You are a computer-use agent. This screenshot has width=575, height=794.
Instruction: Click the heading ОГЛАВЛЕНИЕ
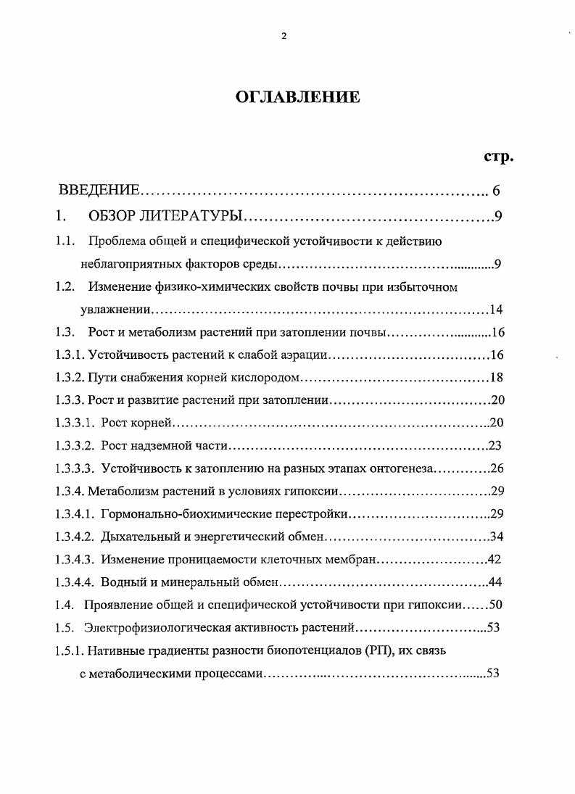297,97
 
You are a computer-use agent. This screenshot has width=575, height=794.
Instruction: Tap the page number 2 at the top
284,37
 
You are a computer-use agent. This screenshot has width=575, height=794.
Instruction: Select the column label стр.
498,156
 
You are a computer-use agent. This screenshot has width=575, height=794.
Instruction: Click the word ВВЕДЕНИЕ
99,191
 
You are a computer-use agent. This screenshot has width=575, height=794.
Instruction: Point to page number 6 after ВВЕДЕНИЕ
496,191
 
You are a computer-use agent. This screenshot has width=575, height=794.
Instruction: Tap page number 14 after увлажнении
496,310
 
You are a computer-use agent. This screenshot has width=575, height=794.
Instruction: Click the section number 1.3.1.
70,355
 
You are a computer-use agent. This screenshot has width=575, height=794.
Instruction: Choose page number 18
496,377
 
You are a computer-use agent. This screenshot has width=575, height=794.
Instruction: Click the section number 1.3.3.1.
75,422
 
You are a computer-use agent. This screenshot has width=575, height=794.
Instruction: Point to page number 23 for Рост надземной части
495,444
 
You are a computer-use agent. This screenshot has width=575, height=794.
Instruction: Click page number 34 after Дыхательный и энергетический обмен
496,537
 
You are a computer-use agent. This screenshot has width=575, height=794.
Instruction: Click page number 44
495,582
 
